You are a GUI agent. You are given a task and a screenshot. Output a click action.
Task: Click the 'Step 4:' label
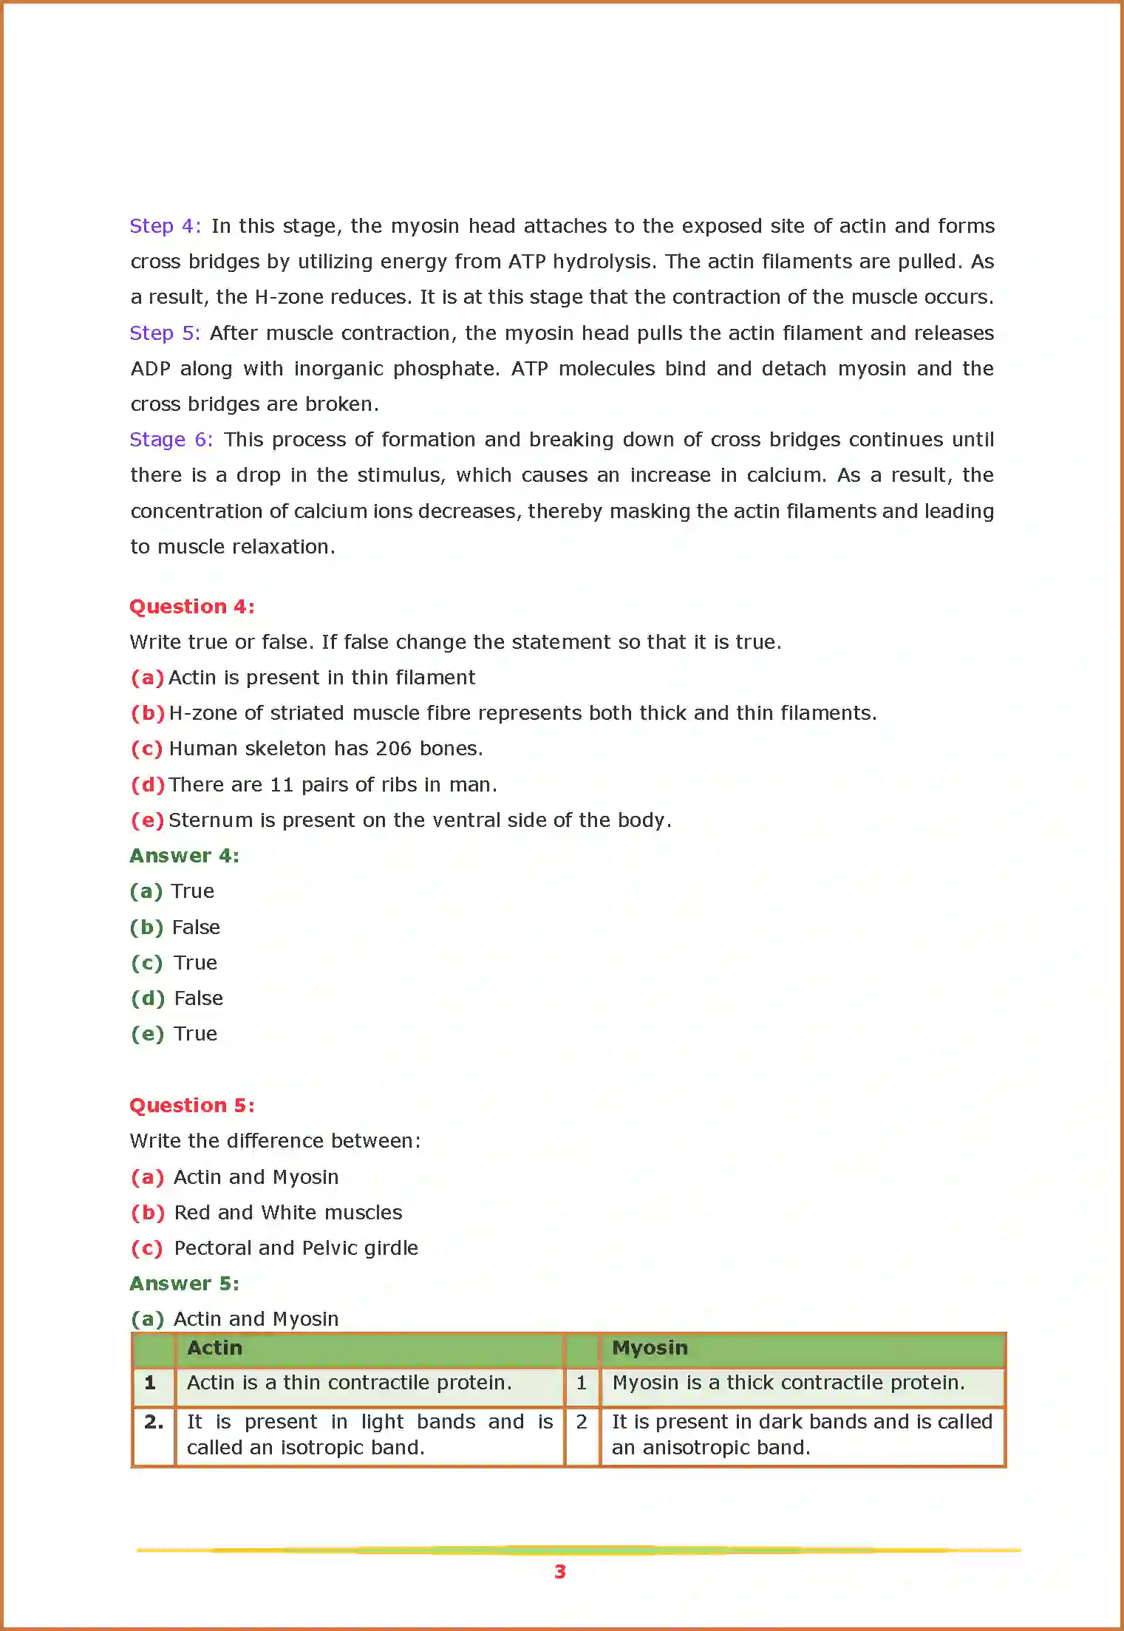165,226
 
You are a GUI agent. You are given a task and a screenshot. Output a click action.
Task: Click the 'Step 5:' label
165,333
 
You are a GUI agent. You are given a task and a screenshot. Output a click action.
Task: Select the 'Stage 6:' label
171,440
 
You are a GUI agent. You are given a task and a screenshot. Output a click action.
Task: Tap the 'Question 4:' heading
191,607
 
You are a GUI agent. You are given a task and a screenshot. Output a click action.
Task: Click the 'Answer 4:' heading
184,856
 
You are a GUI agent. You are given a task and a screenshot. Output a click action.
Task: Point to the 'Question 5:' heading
191,1106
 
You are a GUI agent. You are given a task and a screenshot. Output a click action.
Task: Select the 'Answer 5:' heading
184,1284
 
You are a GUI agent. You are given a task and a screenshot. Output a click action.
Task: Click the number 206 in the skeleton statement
393,749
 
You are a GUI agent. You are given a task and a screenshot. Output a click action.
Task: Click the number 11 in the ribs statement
282,785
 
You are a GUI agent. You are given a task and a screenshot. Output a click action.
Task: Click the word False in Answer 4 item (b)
196,927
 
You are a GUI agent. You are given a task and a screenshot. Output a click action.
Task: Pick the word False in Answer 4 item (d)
198,998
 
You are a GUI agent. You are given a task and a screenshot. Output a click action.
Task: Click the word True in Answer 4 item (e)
195,1034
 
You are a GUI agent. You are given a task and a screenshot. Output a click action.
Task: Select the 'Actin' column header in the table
214,1348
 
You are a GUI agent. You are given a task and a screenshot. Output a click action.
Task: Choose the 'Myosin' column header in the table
650,1348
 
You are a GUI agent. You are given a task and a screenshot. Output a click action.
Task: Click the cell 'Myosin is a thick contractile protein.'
788,1383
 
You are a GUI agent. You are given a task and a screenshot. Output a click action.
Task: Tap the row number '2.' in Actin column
154,1422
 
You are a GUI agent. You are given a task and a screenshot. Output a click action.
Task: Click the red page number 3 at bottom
560,1572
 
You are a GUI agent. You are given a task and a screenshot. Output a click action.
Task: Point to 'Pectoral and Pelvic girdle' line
296,1248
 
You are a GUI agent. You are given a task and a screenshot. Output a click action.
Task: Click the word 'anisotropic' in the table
695,1448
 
